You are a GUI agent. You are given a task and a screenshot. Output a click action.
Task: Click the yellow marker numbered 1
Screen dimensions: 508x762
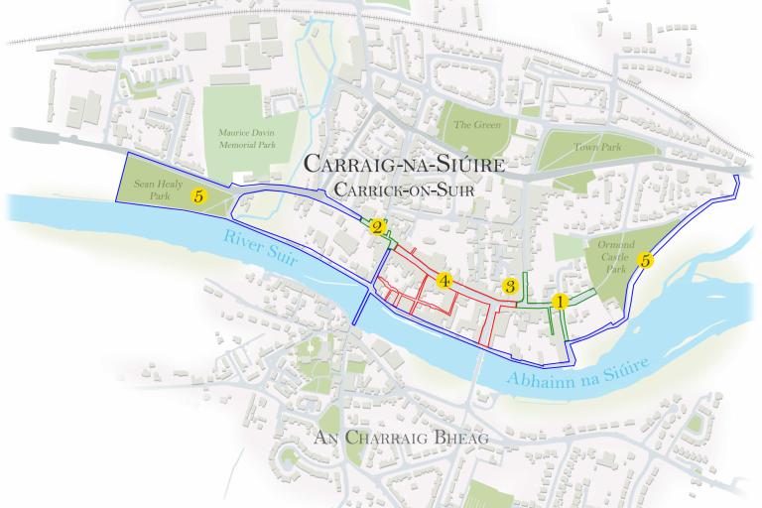click(x=560, y=302)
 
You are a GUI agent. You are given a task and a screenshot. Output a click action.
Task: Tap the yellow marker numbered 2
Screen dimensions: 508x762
click(x=378, y=227)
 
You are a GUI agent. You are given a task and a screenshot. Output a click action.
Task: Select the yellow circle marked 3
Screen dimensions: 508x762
click(x=510, y=286)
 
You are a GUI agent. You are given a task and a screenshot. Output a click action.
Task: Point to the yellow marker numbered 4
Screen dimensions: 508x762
click(x=444, y=281)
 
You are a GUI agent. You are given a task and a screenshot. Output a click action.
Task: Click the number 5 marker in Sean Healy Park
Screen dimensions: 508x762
click(x=199, y=196)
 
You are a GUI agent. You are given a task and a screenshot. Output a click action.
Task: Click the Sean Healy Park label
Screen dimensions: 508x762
click(x=153, y=190)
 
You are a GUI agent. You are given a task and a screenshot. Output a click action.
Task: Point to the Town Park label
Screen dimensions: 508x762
click(x=595, y=147)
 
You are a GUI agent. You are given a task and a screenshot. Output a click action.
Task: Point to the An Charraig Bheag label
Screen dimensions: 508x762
click(x=402, y=438)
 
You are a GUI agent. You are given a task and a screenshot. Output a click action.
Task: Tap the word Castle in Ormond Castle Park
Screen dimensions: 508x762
click(x=617, y=256)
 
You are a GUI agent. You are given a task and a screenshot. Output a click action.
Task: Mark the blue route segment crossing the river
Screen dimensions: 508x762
click(x=361, y=308)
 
